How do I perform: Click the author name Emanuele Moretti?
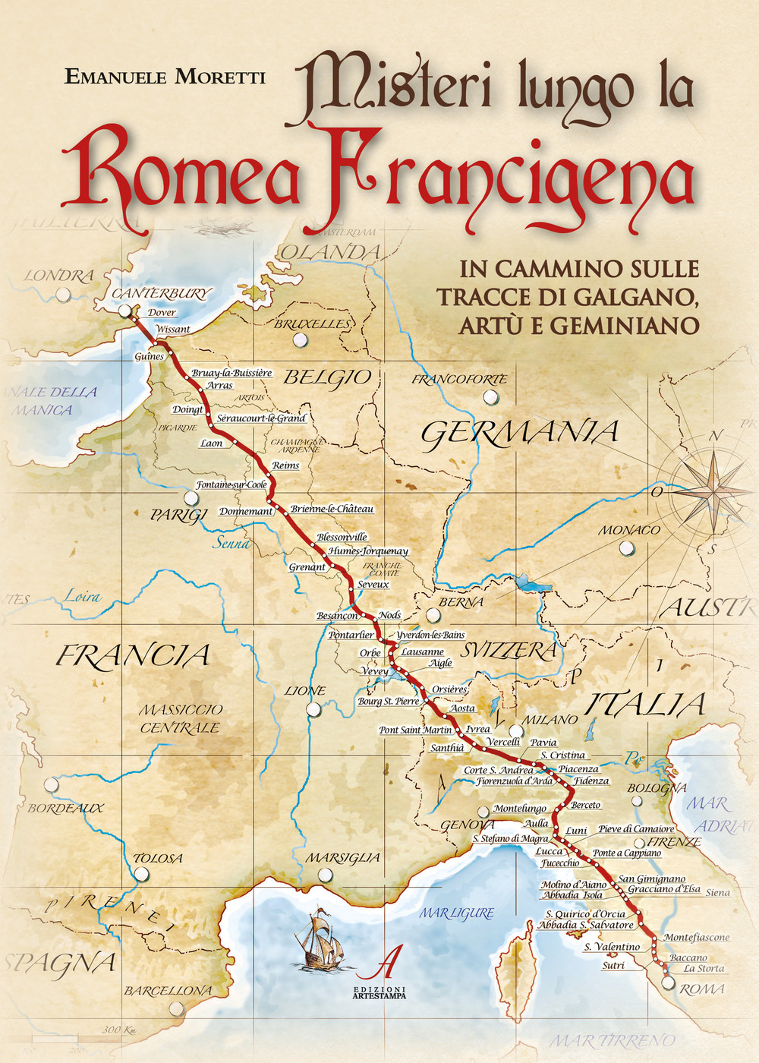[165, 76]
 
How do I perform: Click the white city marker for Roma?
[667, 983]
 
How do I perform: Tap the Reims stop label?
[285, 465]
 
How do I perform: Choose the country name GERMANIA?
[520, 433]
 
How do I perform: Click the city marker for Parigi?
[192, 498]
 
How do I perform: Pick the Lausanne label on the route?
[422, 651]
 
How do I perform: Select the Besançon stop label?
[337, 616]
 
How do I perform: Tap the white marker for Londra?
[64, 295]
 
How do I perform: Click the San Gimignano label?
[651, 878]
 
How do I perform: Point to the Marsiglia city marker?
[325, 875]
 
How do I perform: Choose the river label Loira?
[82, 596]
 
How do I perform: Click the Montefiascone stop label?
[696, 937]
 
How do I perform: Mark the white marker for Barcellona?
[177, 1008]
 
